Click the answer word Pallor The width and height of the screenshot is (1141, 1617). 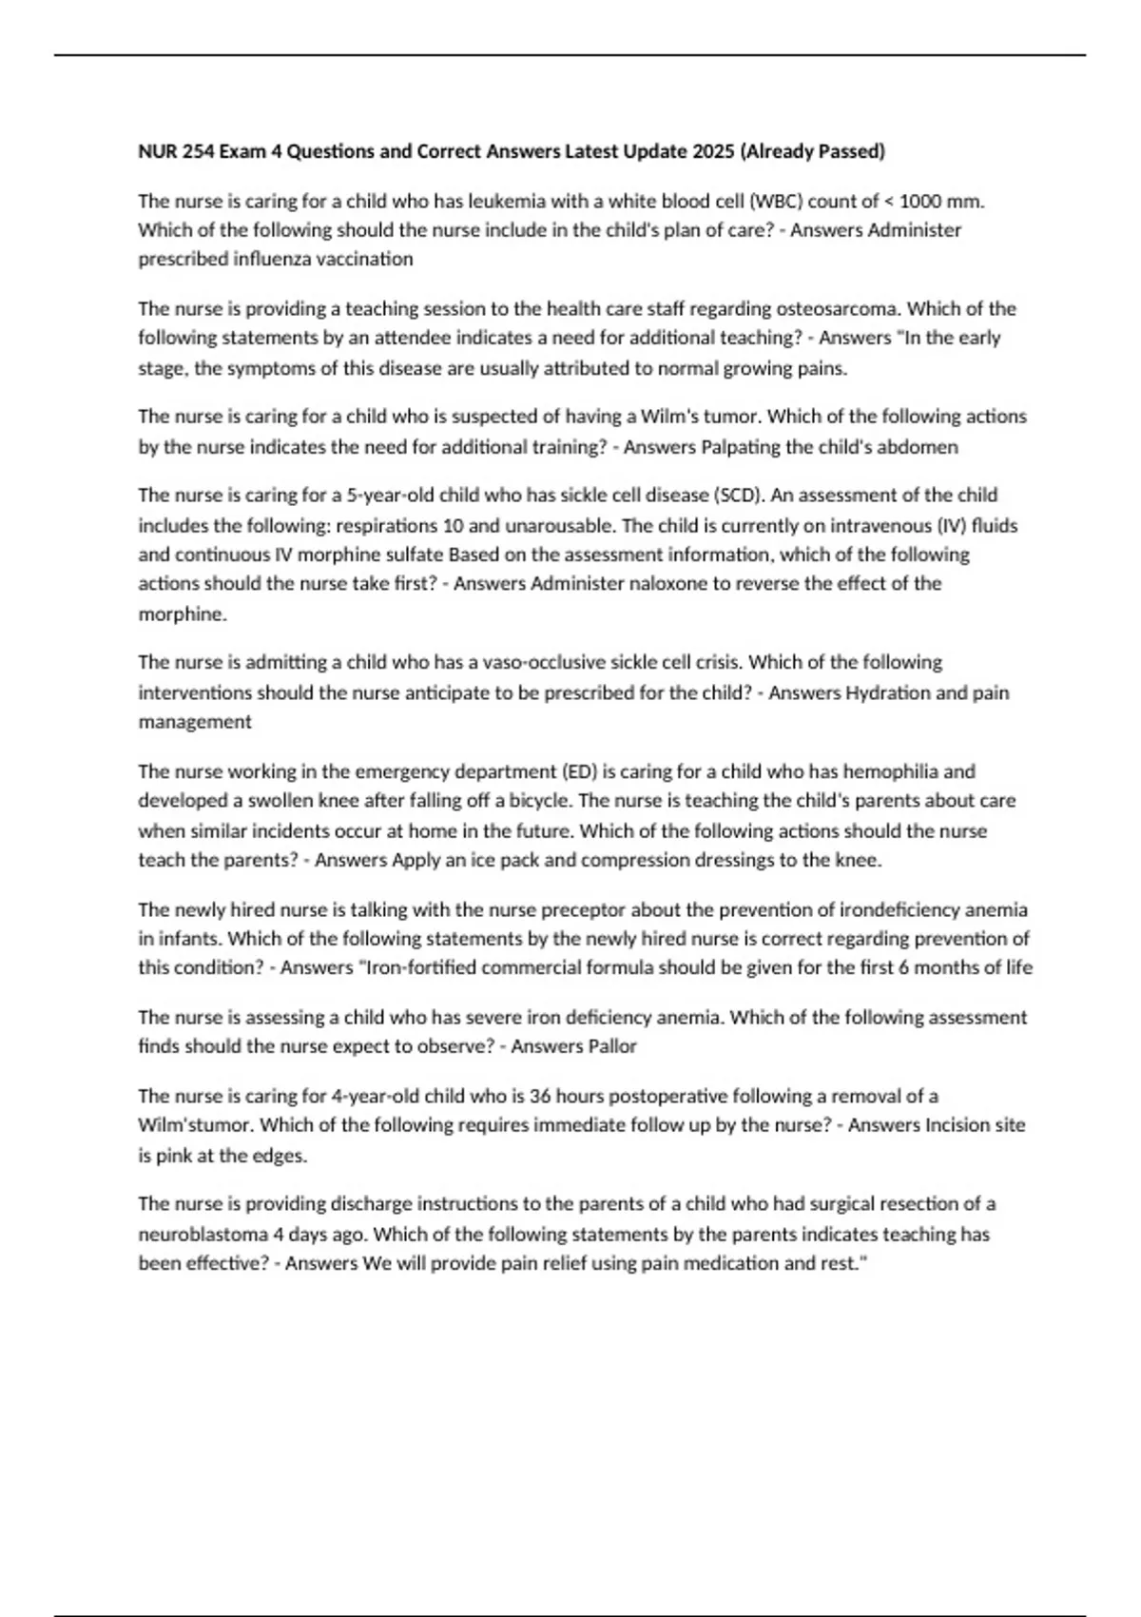[609, 1046]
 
